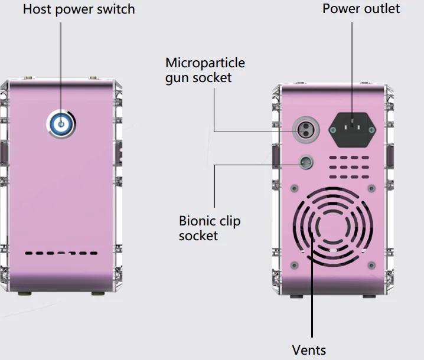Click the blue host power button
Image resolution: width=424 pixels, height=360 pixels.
tap(61, 124)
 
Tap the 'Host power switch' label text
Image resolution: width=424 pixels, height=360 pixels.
tap(79, 9)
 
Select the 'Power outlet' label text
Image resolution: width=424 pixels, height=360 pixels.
tap(361, 9)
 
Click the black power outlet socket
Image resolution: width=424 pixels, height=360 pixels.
tap(352, 130)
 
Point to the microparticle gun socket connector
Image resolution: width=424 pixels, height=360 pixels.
tap(306, 130)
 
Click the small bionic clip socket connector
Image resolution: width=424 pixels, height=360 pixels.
tap(306, 162)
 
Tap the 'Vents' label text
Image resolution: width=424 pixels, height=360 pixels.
tap(309, 351)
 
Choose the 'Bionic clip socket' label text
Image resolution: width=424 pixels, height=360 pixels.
tap(210, 228)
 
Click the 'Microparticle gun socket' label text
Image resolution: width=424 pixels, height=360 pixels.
tap(205, 70)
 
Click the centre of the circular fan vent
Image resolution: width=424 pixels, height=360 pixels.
tap(333, 227)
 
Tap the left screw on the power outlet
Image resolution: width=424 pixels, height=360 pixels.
tap(333, 130)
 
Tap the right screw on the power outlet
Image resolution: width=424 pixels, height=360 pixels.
tap(372, 130)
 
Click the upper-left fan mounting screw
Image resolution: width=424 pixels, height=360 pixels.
tap(295, 188)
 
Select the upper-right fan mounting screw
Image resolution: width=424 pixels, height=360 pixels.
tap(371, 188)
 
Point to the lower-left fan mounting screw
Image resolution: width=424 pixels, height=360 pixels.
tap(295, 266)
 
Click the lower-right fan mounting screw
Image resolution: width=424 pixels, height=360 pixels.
tap(371, 266)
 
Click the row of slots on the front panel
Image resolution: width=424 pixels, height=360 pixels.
tap(61, 253)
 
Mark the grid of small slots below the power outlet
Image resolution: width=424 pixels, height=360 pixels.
tap(349, 167)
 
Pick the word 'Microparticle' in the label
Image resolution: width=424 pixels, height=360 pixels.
tap(205, 63)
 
